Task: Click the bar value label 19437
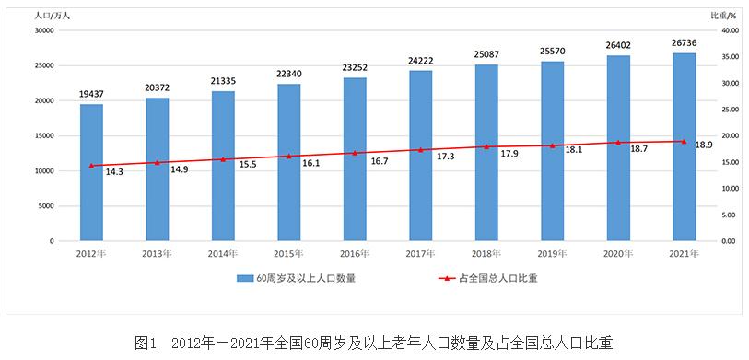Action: point(91,95)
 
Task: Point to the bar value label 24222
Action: point(420,61)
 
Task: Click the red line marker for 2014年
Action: point(223,159)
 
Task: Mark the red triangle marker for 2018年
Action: point(486,146)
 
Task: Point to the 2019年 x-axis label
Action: point(552,251)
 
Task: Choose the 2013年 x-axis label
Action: point(157,251)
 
